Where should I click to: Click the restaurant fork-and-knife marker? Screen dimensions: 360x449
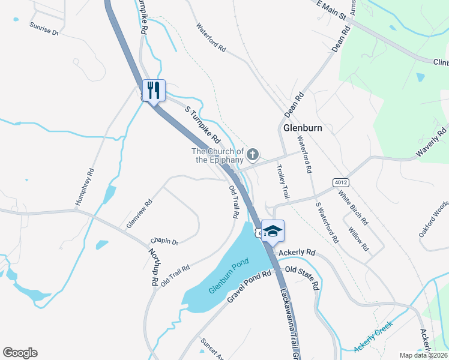tap(154, 91)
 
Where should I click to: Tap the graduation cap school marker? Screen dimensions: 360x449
tap(272, 232)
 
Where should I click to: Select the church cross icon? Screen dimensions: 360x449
tap(253, 155)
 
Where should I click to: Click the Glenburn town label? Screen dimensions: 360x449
tap(302, 128)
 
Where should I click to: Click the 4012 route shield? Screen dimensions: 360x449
tap(340, 182)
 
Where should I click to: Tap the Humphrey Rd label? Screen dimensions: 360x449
tap(85, 187)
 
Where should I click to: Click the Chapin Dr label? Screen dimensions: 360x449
tap(164, 241)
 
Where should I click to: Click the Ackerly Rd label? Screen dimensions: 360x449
tap(301, 252)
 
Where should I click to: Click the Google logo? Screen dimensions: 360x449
tap(20, 353)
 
